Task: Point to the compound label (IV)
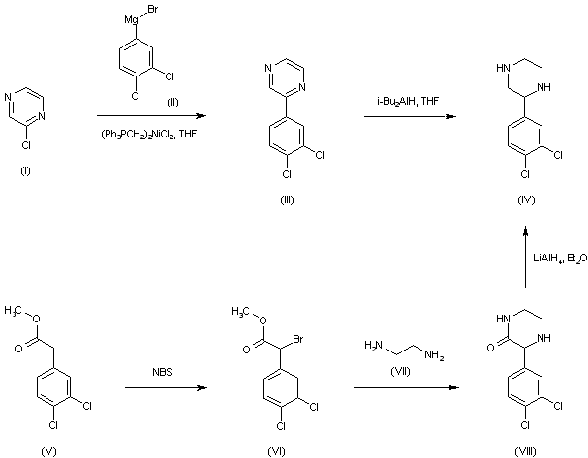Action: coord(524,199)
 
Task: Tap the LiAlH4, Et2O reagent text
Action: coord(558,258)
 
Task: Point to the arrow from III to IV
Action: coord(410,117)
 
